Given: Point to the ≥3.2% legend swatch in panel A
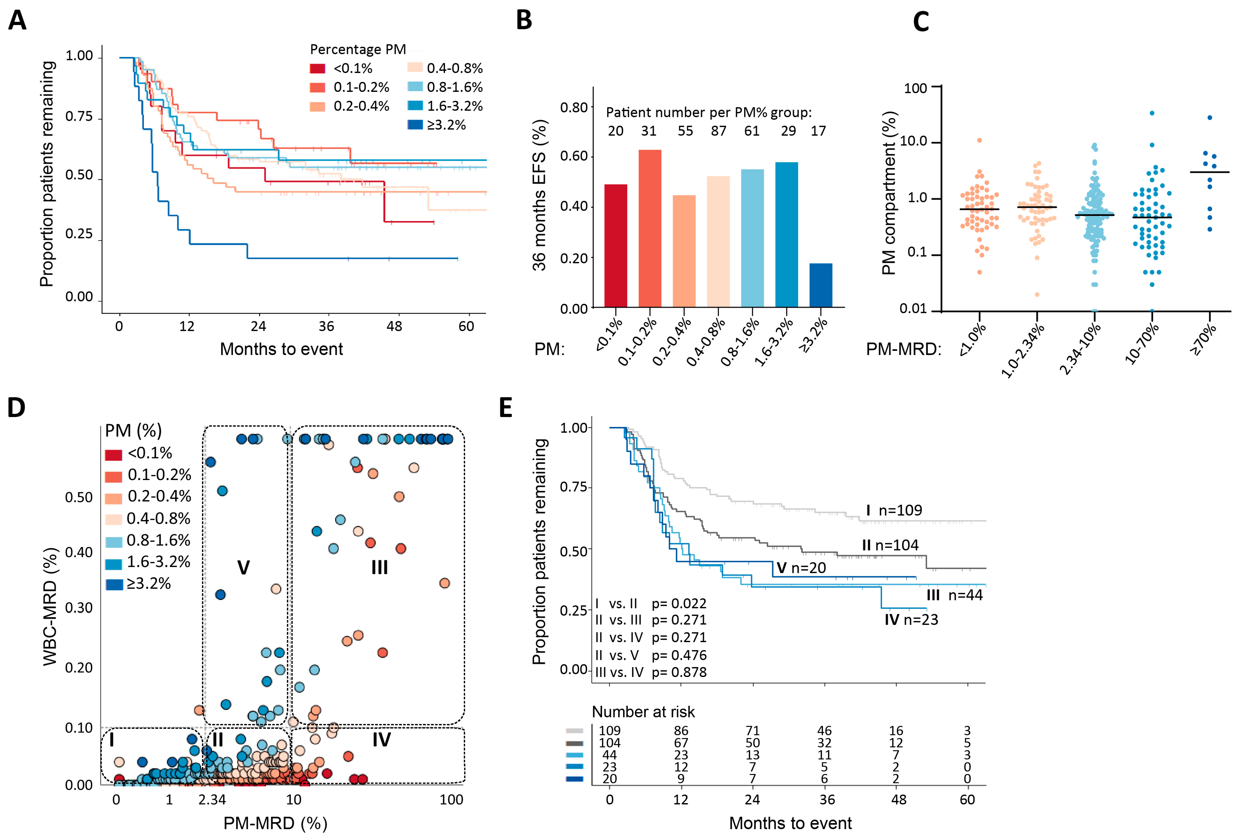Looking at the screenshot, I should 415,125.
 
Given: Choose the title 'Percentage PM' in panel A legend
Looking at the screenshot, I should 358,50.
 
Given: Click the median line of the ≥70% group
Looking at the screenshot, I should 1209,172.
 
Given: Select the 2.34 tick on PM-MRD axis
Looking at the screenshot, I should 212,800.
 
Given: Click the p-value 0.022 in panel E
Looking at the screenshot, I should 679,604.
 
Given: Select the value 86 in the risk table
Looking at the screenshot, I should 681,731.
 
